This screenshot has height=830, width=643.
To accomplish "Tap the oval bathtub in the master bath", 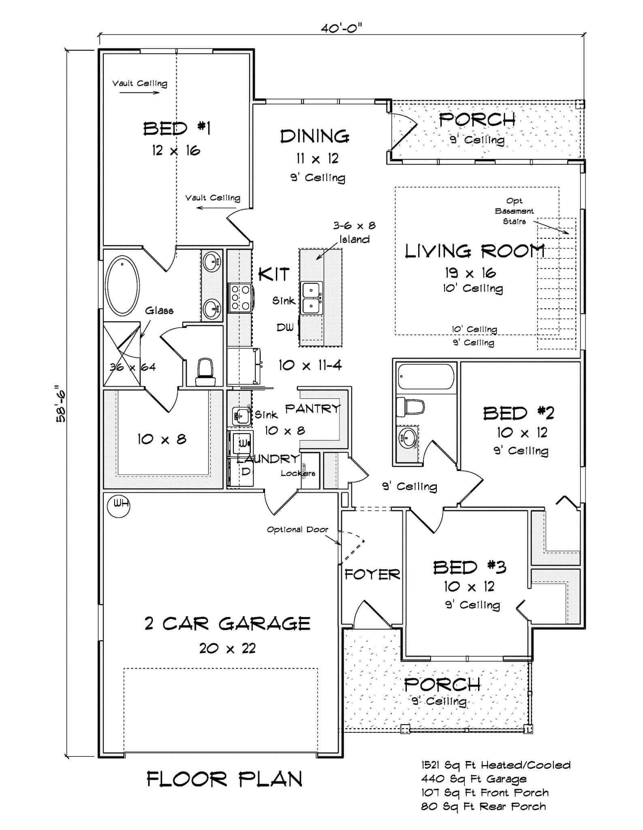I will tap(122, 285).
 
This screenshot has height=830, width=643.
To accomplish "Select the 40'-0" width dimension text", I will tap(341, 28).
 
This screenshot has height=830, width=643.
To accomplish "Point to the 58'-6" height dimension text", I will tap(61, 403).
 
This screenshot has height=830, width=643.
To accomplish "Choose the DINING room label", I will tap(314, 137).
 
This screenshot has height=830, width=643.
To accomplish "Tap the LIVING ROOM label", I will tap(474, 251).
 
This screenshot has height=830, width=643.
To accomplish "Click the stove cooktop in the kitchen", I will tap(240, 298).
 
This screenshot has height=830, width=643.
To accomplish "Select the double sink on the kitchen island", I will tap(311, 298).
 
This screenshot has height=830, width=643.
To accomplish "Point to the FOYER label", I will tap(372, 574).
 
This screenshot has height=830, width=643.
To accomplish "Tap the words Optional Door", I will tap(297, 529).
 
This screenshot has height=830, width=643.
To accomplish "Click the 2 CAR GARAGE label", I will tap(227, 624).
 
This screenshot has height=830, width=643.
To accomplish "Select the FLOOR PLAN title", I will tap(224, 779).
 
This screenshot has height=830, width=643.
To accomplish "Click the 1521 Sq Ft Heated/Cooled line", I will tap(496, 765).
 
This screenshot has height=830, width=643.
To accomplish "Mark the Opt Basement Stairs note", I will tap(514, 211).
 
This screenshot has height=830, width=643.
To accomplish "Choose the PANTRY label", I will tap(313, 409).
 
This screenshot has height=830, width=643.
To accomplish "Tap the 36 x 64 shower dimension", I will tap(132, 367).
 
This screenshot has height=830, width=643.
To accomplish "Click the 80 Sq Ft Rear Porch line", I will tap(483, 806).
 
